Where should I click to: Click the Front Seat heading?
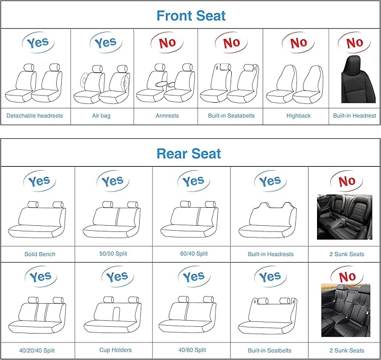pyautogui.click(x=191, y=15)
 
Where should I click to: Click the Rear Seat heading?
pyautogui.click(x=189, y=153)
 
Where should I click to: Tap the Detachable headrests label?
pyautogui.click(x=35, y=116)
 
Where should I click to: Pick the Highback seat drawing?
pyautogui.click(x=296, y=84)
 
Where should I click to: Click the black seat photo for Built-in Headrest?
pyautogui.click(x=355, y=80)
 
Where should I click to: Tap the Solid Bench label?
pyautogui.click(x=40, y=254)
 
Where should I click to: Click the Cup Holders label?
pyautogui.click(x=116, y=350)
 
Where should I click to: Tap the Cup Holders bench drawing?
pyautogui.click(x=116, y=316)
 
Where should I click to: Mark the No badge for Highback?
pyautogui.click(x=298, y=42)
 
